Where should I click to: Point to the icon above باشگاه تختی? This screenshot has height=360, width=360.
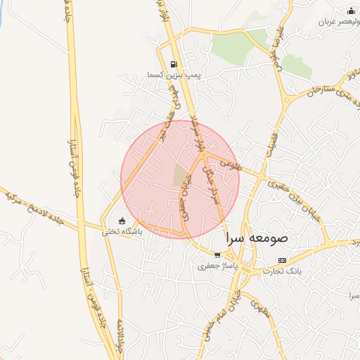click(x=122, y=221)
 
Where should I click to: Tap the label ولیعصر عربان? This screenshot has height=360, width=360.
click(x=325, y=22)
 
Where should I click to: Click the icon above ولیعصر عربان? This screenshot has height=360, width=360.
click(x=352, y=11)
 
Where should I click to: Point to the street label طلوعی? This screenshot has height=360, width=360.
click(x=230, y=163)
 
